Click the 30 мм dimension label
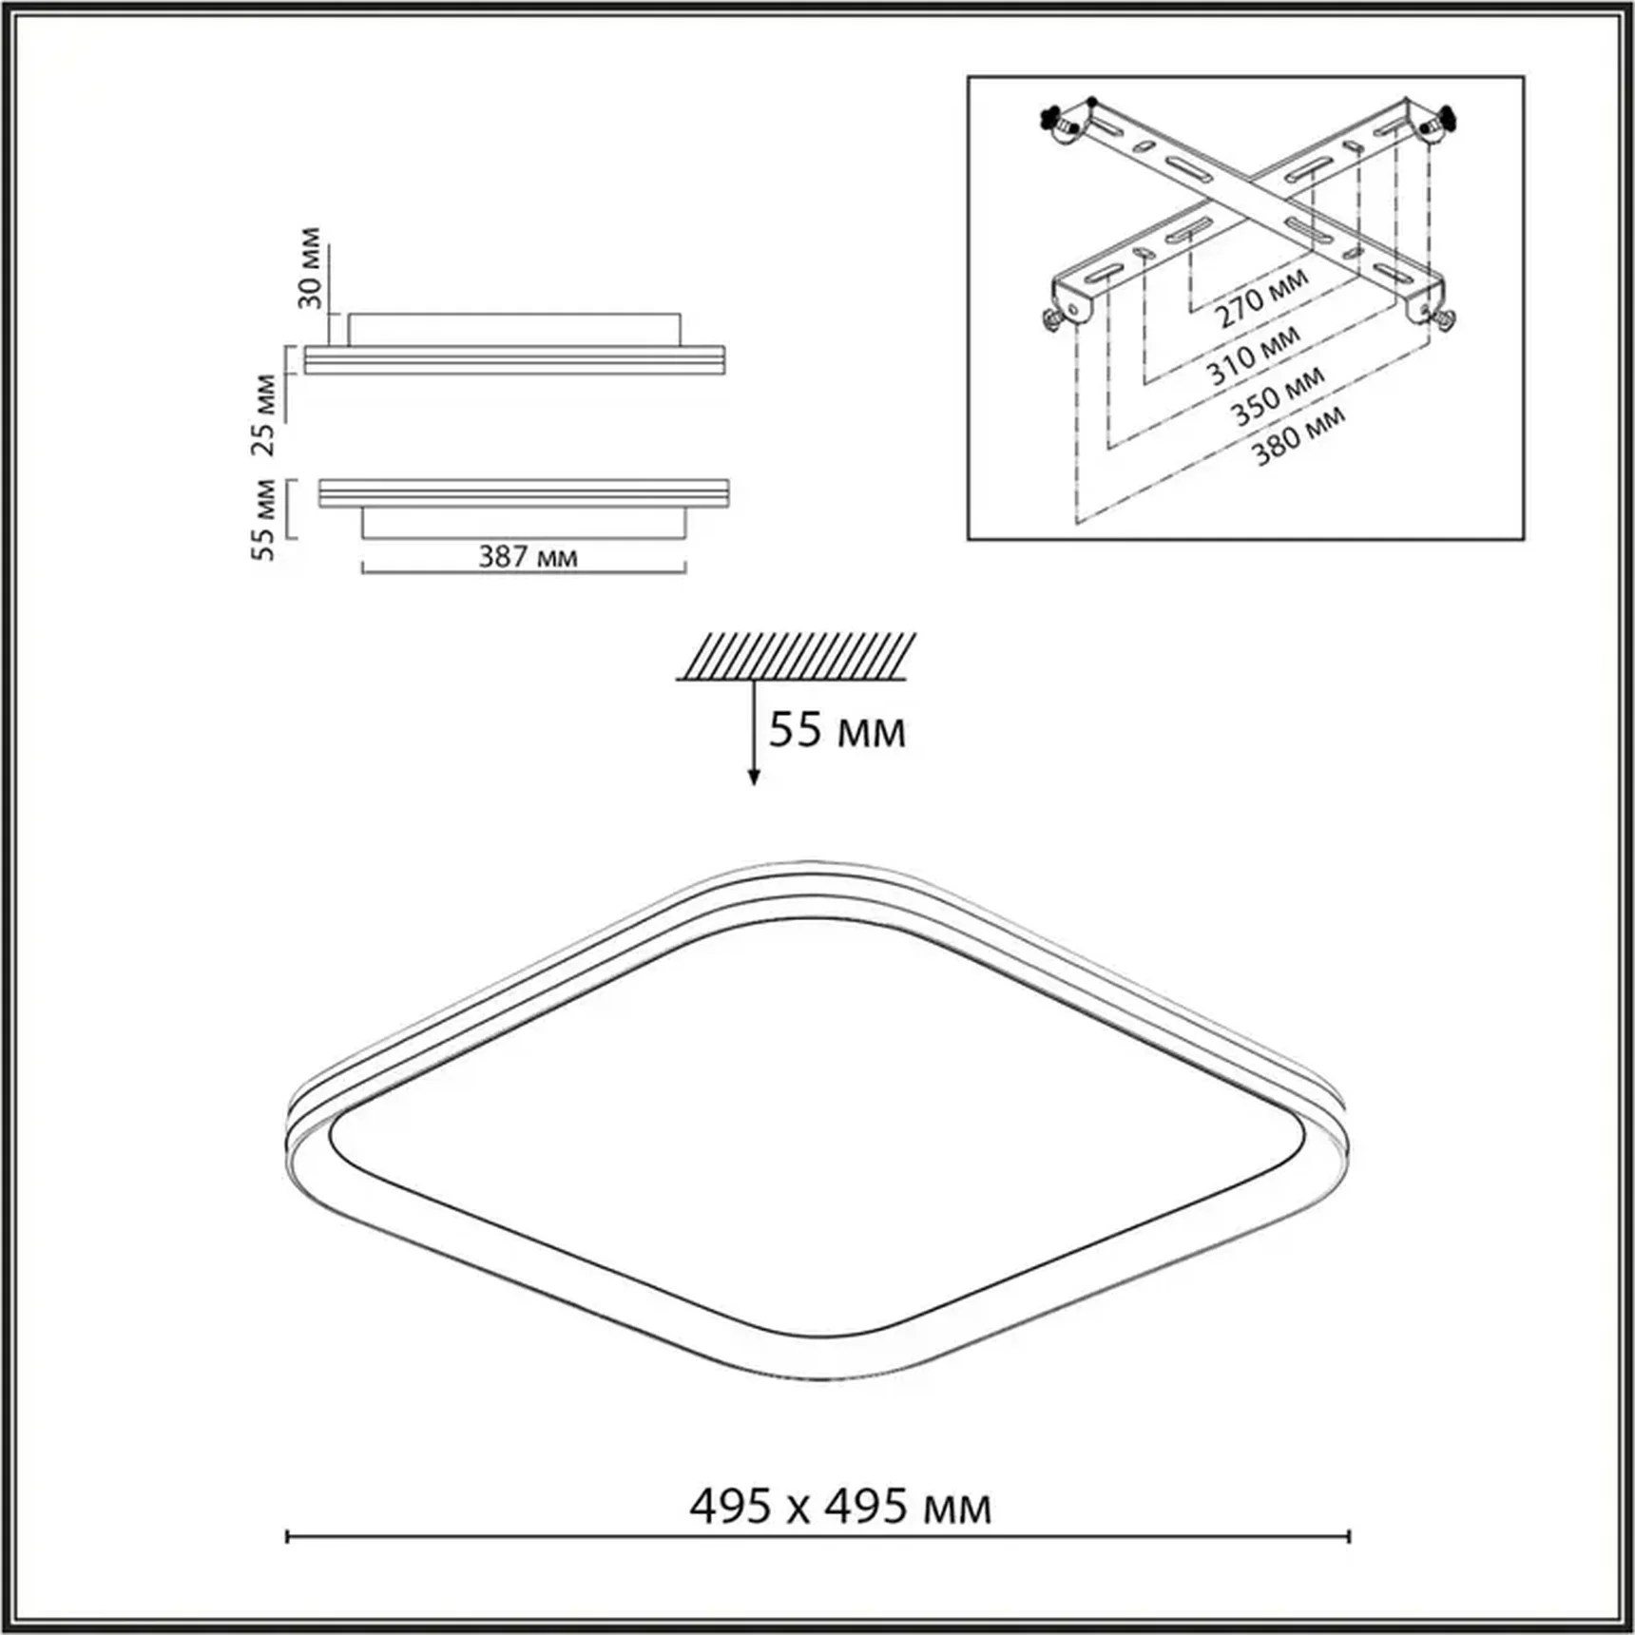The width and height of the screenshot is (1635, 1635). click(x=310, y=267)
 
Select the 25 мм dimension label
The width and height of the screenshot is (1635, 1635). click(x=263, y=415)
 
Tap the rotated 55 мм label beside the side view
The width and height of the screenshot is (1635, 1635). click(x=263, y=520)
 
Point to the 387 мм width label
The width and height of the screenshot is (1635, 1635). click(x=528, y=556)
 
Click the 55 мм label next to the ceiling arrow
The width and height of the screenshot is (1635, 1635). click(x=837, y=730)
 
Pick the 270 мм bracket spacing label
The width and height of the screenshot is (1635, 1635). click(x=1263, y=298)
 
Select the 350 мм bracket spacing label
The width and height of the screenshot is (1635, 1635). click(x=1279, y=395)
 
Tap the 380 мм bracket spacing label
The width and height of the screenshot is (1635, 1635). click(x=1299, y=435)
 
